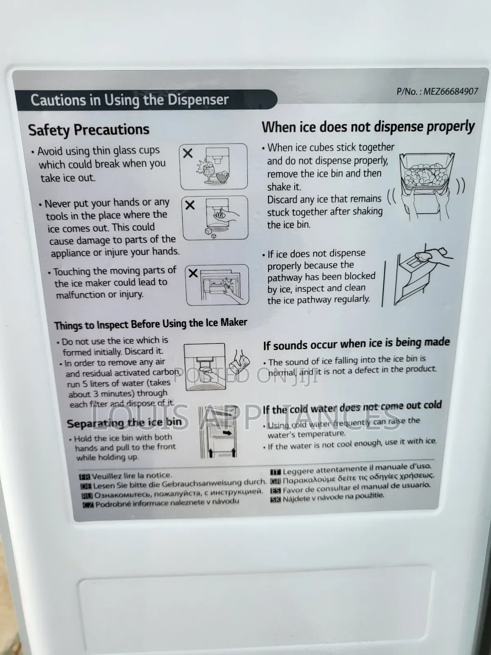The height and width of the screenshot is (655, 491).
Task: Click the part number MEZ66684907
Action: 450,91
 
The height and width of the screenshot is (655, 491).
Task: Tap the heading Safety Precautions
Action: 89,130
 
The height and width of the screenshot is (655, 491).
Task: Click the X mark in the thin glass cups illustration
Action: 188,154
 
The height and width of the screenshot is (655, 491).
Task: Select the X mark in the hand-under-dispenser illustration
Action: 190,206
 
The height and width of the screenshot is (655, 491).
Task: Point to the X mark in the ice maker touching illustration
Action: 193,273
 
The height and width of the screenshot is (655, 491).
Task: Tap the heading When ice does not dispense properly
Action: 368,127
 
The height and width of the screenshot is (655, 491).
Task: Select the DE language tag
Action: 86,486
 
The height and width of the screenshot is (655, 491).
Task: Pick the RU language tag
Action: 87,496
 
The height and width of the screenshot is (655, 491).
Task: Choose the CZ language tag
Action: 88,505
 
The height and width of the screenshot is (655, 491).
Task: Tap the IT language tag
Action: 275,472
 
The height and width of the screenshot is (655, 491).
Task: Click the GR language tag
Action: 275,481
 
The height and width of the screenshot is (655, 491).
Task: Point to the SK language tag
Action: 275,499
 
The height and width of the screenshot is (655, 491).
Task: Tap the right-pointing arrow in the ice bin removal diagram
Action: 227,433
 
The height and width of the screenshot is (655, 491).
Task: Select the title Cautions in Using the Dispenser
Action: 129,100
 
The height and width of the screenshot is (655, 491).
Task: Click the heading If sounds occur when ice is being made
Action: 356,343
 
